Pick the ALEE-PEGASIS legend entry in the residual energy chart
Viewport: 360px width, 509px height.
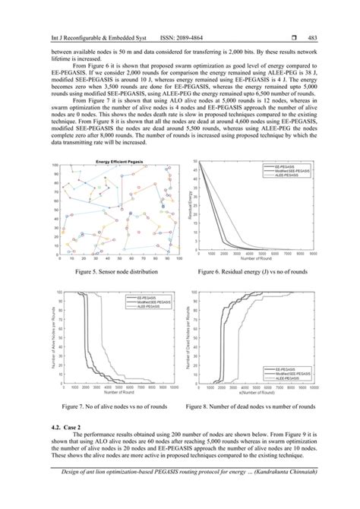tap(289, 175)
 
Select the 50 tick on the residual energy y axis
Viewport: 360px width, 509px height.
tap(197, 162)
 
